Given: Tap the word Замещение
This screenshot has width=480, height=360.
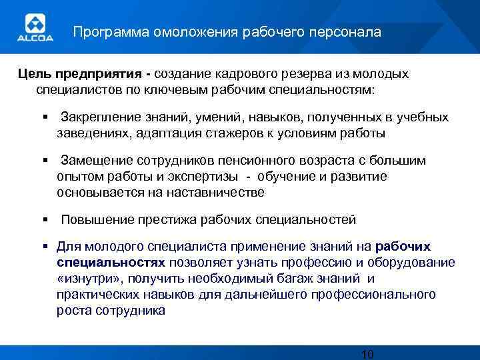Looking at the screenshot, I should click(x=97, y=161).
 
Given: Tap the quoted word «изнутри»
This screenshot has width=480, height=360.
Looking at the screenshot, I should click(x=89, y=279).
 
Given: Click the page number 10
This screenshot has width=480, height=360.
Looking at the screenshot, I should click(x=367, y=353).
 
